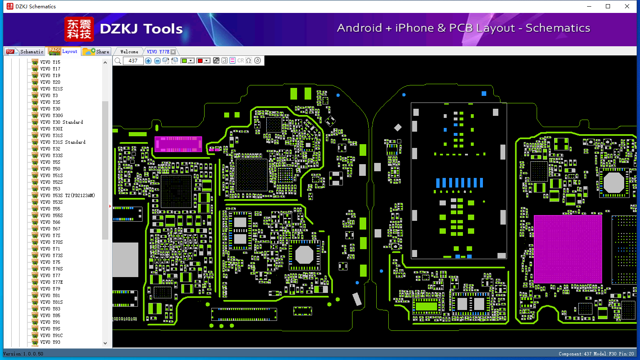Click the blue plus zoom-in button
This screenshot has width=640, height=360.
148,60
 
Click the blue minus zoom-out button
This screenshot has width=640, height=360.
157,60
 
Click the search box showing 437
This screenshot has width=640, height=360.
133,60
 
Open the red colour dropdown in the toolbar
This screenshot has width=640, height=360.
207,60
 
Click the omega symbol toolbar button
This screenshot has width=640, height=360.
249,60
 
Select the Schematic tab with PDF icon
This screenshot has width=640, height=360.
25,51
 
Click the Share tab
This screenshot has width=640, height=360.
96,51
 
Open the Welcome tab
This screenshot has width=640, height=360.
129,52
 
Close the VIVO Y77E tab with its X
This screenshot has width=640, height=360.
173,52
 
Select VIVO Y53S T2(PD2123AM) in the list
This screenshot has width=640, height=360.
67,195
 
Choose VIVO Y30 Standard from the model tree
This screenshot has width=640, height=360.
61,122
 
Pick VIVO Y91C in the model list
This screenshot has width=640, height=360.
51,335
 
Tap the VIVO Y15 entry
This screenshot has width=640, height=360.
50,62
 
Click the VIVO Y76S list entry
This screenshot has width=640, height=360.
51,269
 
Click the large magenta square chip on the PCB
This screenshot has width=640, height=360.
568,249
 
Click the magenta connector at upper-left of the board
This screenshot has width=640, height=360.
178,144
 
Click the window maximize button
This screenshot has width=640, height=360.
608,6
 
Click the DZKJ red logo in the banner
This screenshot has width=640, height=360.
79,29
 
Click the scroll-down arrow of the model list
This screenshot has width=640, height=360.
105,343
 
